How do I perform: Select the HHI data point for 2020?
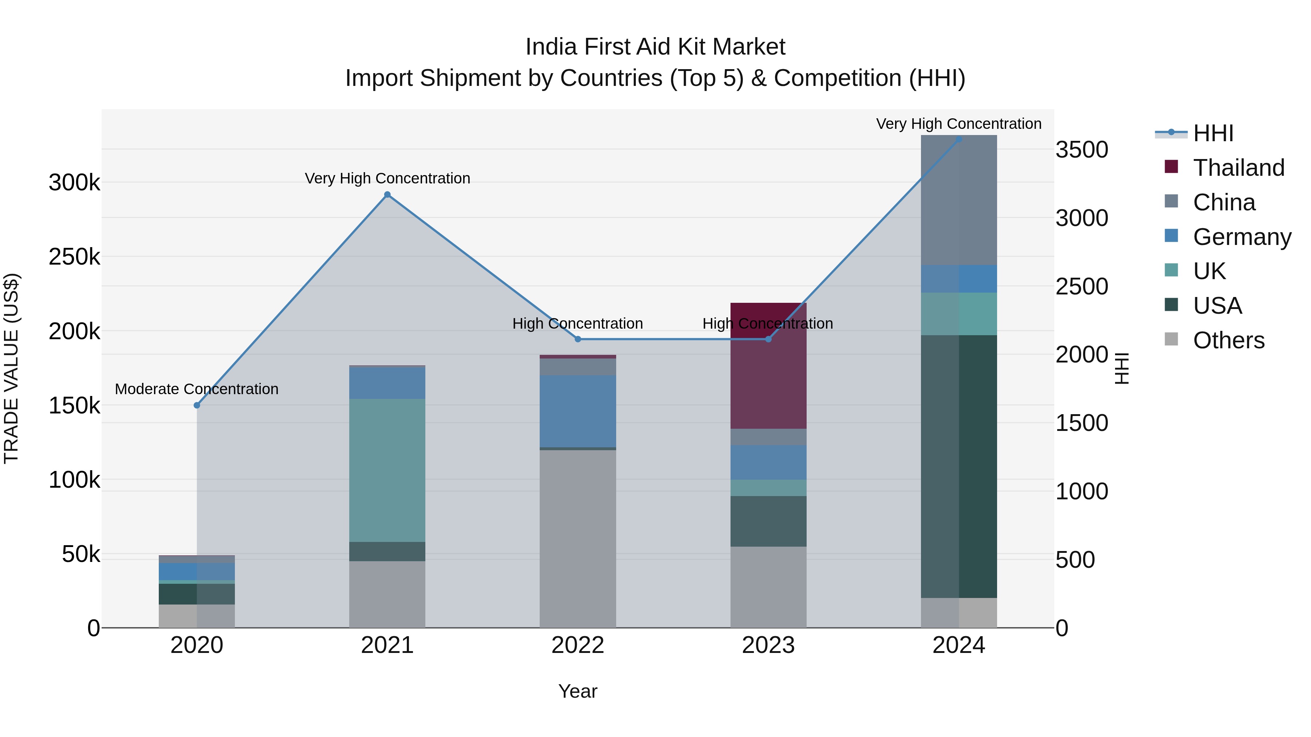(197, 405)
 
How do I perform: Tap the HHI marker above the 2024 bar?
(958, 139)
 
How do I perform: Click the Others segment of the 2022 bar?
(578, 539)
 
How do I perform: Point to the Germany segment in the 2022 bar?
(578, 412)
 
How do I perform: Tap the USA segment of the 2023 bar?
(768, 521)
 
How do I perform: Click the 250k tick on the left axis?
(74, 257)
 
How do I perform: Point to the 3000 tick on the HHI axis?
(1082, 218)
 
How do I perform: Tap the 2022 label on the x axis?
(578, 645)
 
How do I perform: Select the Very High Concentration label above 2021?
(387, 179)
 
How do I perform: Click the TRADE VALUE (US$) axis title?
(11, 368)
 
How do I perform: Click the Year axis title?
(578, 691)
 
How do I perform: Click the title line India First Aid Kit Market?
(655, 47)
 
